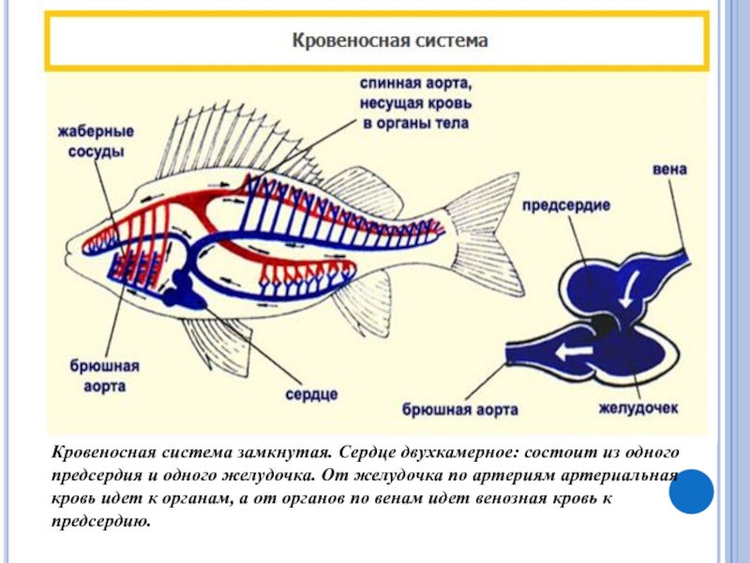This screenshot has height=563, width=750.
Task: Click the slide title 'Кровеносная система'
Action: tap(392, 41)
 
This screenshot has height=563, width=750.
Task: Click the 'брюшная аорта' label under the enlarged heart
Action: tap(461, 410)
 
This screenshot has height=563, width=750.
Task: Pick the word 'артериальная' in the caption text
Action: tap(622, 476)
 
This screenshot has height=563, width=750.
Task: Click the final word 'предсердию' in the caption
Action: tap(98, 519)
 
